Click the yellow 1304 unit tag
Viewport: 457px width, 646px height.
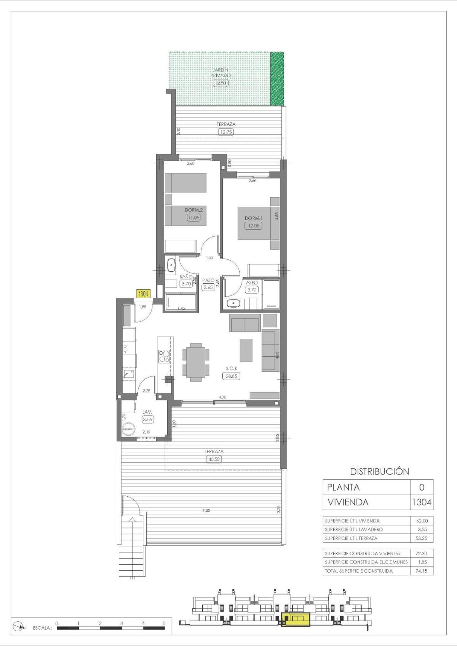(144, 294)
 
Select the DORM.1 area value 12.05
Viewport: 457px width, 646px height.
(253, 225)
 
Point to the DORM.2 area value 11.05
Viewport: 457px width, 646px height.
(193, 217)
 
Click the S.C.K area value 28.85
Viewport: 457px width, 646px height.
(231, 376)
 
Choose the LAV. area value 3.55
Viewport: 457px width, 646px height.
(147, 419)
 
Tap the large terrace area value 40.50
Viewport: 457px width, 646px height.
(214, 459)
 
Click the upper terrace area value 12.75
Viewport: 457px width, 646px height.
(226, 132)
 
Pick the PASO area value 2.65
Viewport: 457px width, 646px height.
(208, 287)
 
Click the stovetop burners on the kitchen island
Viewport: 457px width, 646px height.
(165, 356)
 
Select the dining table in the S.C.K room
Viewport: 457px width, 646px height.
(196, 362)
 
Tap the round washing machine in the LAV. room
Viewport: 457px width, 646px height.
(128, 429)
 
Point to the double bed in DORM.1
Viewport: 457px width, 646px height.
(254, 223)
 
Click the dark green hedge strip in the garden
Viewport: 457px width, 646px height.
(277, 78)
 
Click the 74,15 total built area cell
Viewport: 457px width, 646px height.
(422, 571)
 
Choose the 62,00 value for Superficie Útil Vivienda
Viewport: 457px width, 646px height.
(422, 521)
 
